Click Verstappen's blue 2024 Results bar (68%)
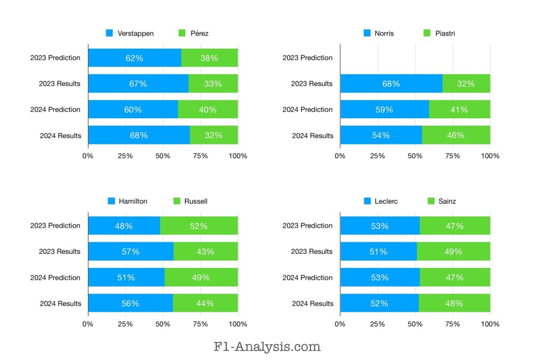point(139,136)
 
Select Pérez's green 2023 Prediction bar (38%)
point(209,58)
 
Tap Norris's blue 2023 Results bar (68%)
point(391,84)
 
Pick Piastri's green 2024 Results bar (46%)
point(456,136)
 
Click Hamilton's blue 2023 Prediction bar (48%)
point(124,226)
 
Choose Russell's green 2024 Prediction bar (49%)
point(201,278)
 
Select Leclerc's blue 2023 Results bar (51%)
point(378,252)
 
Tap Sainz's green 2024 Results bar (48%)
point(454,303)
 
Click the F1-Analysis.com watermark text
point(267,346)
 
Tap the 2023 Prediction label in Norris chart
point(307,58)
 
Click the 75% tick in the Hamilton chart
point(200,324)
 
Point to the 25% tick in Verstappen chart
point(125,156)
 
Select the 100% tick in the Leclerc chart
point(490,324)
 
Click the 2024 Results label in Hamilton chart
point(61,303)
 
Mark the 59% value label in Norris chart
point(384,110)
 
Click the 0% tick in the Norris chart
point(340,156)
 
